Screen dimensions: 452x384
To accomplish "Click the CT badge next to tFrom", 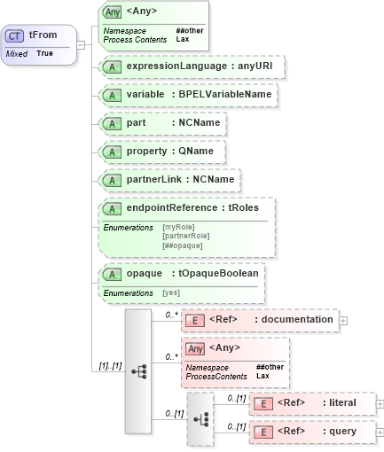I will pos(15,36).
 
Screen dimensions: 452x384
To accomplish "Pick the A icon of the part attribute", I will pos(112,123).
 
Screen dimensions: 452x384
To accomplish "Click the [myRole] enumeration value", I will pos(178,227).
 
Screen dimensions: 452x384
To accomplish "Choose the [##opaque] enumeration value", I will pos(183,245).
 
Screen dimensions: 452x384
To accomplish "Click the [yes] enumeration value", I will pos(170,292).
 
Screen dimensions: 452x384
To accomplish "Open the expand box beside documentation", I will pos(343,320).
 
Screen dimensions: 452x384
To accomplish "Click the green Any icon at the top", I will pos(113,12).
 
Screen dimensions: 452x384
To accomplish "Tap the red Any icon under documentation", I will pos(194,348).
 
